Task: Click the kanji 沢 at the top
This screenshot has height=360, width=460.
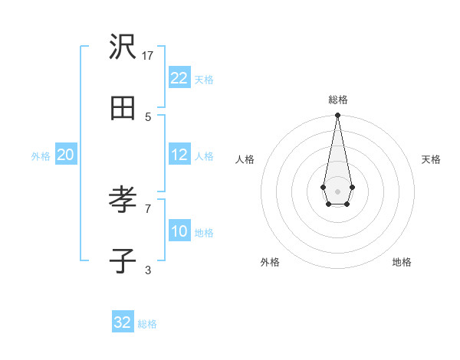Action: coord(123,48)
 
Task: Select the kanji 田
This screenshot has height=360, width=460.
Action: coord(123,109)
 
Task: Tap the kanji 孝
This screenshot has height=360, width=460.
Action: coord(123,201)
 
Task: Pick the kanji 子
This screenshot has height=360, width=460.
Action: coord(123,261)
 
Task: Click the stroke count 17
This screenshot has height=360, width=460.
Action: coord(148,56)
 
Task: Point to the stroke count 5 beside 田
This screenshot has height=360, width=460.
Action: coord(148,116)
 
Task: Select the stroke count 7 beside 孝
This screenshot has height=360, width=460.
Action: coord(148,208)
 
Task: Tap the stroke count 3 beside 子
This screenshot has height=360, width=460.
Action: coord(148,270)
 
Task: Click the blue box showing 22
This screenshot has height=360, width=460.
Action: coord(179,78)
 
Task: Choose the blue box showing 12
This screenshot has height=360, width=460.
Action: coord(179,155)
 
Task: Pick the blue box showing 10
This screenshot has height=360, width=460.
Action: coord(179,231)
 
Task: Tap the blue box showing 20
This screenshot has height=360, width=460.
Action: coord(65,155)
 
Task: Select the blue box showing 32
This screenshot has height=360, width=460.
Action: coord(123,322)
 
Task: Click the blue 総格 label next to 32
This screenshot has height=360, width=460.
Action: coord(147,324)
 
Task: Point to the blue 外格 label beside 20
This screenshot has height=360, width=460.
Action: coord(41,156)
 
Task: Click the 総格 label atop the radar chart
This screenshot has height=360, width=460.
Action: coord(338,100)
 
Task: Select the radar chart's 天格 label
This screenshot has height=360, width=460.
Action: coord(431,159)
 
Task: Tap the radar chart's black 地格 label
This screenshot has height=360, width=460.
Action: coord(402,262)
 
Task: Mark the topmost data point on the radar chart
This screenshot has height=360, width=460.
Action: coord(337,116)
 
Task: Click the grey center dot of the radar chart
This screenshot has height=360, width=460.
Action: coord(337,190)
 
